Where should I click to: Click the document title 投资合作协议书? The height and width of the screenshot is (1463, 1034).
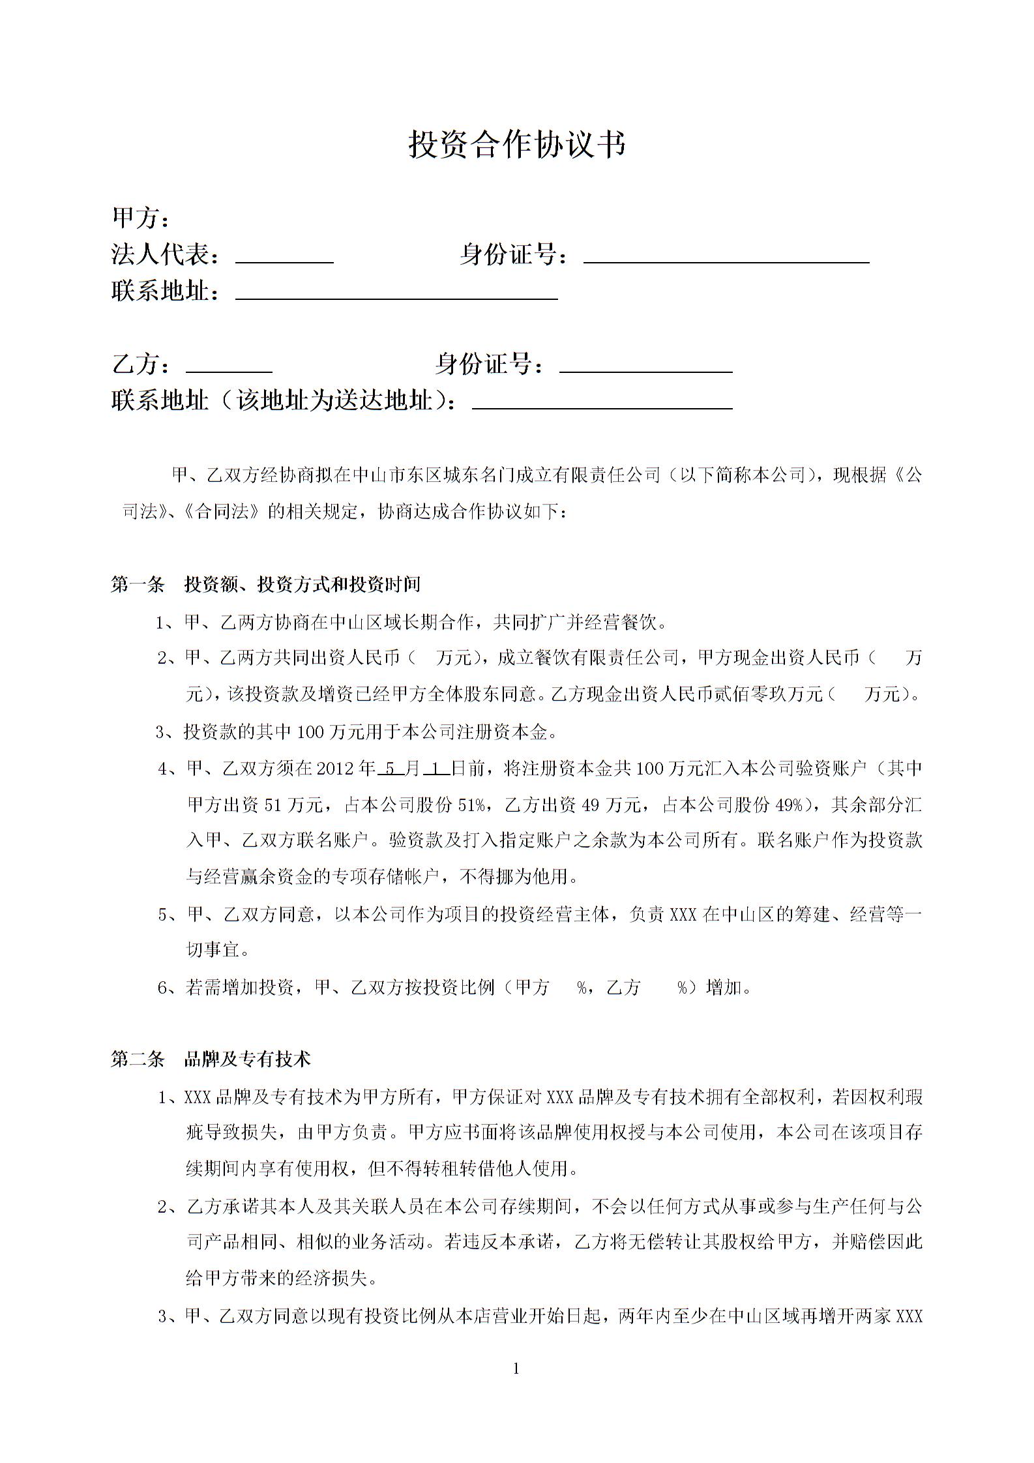pos(516,144)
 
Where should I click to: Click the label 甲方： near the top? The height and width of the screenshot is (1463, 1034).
pos(140,218)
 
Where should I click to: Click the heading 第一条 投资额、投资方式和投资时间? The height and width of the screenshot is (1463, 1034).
pos(265,584)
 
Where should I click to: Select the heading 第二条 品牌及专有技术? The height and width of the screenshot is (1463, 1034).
pos(211,1059)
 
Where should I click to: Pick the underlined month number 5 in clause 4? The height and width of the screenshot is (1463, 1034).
pos(390,769)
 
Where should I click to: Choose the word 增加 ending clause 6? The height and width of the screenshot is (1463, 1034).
pos(724,988)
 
